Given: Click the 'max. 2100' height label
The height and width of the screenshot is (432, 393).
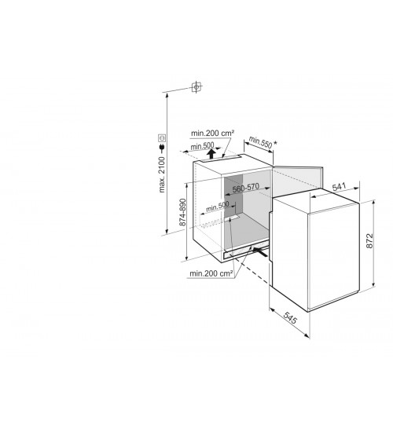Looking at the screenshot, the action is (162, 174).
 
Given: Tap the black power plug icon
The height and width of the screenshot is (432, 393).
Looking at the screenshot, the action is (162, 148).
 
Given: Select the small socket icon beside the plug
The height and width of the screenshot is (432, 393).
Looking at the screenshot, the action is (162, 137).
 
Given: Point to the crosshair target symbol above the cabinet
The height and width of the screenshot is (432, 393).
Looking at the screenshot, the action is (196, 86).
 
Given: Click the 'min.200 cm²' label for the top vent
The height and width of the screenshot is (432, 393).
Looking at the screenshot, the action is (213, 133).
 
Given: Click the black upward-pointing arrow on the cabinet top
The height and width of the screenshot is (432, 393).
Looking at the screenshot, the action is (211, 154).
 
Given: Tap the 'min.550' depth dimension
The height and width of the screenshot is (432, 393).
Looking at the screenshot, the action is (260, 142).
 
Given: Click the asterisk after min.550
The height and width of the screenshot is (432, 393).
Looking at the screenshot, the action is (275, 143).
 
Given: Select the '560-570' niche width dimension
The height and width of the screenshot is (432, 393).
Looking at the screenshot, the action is (246, 189).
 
